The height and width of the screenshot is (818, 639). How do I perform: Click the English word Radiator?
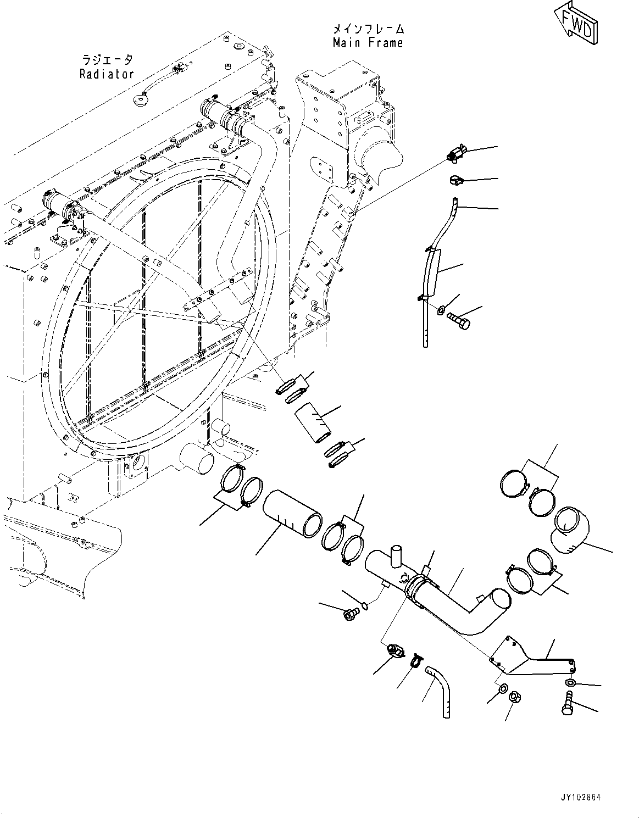(x=107, y=74)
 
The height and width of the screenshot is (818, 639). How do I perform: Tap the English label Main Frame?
(x=368, y=43)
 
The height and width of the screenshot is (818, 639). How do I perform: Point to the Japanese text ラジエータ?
(x=107, y=59)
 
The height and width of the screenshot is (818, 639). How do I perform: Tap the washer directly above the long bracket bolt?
(x=570, y=682)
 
